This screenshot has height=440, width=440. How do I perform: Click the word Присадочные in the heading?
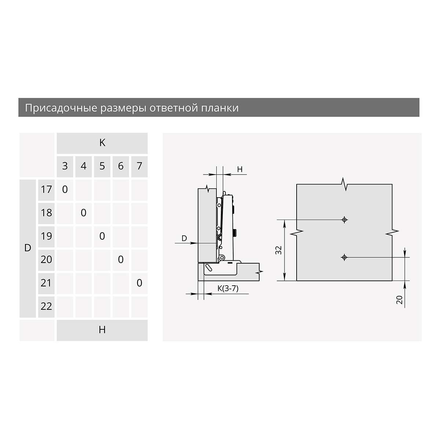[x=61, y=108]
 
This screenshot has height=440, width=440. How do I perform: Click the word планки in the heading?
[x=220, y=108]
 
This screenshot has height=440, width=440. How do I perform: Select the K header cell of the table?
[x=102, y=143]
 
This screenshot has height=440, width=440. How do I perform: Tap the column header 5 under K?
[x=102, y=166]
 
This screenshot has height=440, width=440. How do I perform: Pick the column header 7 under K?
[x=139, y=166]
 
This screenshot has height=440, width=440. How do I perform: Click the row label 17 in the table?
[x=46, y=190]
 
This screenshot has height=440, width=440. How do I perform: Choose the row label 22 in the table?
[x=46, y=307]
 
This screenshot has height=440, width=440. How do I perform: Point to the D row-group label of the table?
[x=27, y=249]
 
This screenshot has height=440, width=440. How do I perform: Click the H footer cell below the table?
[x=102, y=330]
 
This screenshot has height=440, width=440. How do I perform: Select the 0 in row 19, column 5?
[x=102, y=236]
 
